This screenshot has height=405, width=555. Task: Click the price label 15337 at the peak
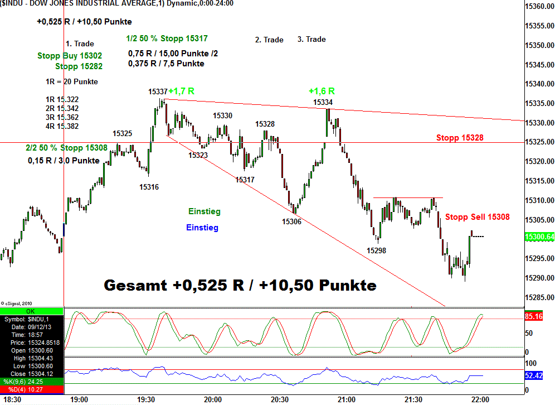click(x=158, y=91)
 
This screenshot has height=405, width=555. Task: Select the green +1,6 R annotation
click(x=322, y=91)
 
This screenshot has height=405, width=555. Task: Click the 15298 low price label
click(x=376, y=250)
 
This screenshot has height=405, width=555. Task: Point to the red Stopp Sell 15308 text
click(x=477, y=217)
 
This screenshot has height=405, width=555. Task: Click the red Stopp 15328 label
click(x=460, y=137)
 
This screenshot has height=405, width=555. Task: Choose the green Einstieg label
click(x=204, y=211)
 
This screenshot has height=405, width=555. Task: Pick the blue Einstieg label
click(x=202, y=228)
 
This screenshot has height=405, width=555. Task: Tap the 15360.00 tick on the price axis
click(x=538, y=7)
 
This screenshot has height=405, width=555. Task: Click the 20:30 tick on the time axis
click(x=280, y=399)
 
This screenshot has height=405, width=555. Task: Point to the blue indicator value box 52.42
click(x=534, y=376)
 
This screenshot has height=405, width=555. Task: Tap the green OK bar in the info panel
click(x=32, y=311)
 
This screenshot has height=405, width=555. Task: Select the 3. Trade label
click(x=311, y=40)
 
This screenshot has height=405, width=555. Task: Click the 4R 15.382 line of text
click(x=62, y=126)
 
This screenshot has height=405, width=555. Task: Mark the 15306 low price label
click(x=291, y=221)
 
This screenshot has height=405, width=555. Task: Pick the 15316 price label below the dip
click(x=149, y=187)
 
